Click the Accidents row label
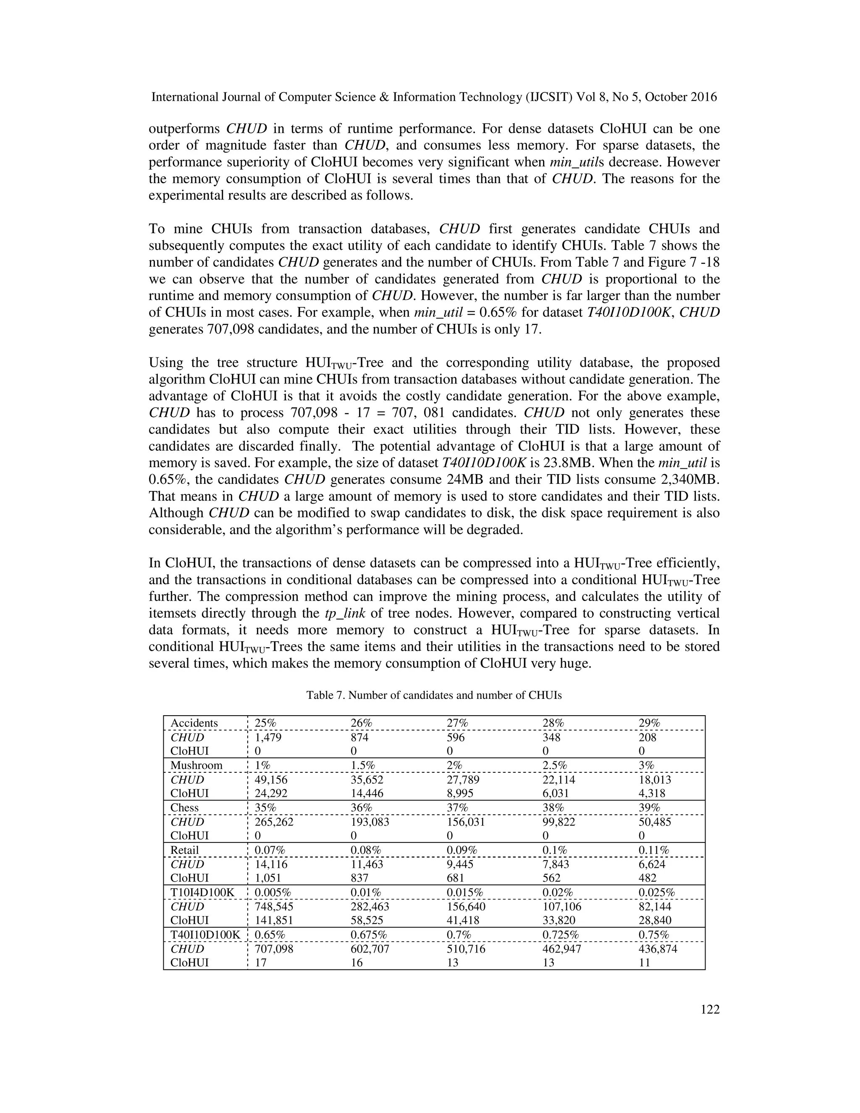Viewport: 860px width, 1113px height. [194, 723]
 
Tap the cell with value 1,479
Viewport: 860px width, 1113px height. [268, 738]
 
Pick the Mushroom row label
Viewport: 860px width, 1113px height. [196, 765]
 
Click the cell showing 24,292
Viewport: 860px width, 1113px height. [270, 793]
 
